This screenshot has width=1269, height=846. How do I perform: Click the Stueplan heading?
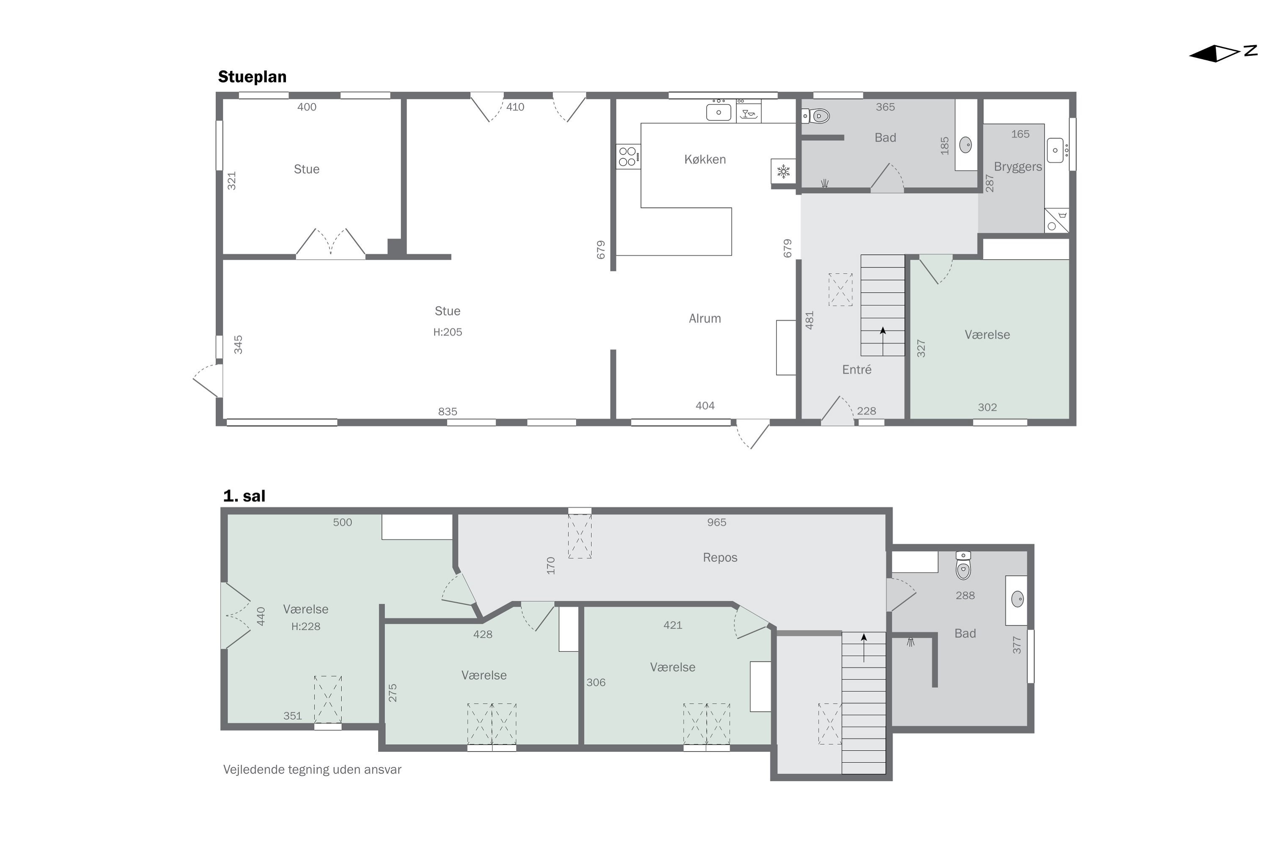pos(252,77)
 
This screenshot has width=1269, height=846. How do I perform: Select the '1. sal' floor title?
pos(244,496)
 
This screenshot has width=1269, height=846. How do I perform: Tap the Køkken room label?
pos(705,159)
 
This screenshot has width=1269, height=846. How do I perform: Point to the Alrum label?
pos(705,319)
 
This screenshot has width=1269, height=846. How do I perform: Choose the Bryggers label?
pos(1018,167)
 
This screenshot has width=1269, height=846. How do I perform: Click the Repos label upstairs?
pos(720,558)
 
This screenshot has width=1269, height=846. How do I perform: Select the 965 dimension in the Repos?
pos(717,522)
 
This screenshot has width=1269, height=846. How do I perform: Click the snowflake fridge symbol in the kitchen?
pos(783,172)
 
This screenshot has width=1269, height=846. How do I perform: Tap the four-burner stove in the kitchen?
pos(628,157)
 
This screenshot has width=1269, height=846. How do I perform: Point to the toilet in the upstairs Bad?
pos(963,566)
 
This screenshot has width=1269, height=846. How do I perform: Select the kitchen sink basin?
pos(719,112)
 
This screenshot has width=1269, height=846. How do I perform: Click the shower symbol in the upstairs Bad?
pos(911,642)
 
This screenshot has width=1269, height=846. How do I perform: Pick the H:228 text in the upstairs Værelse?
pos(306,626)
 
